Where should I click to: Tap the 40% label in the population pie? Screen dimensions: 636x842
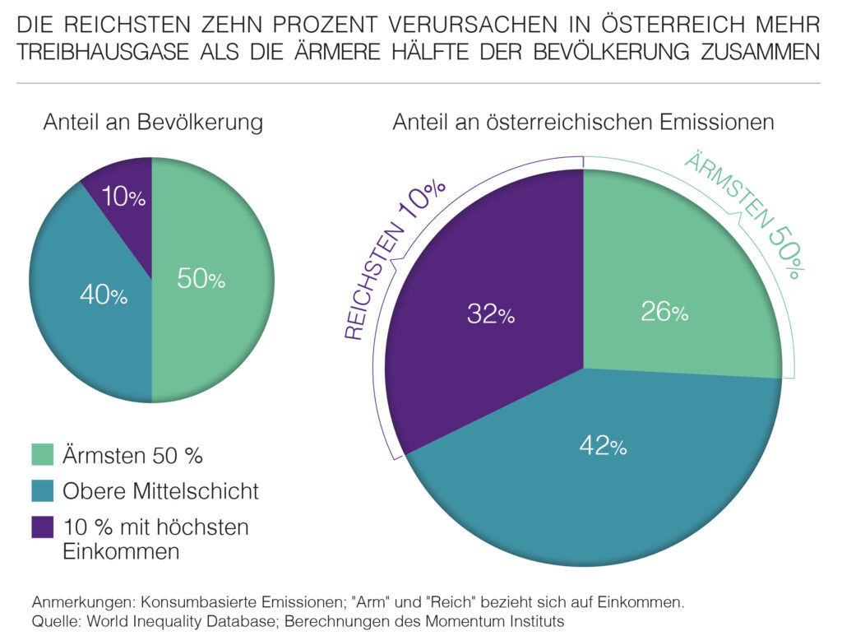[x=103, y=295]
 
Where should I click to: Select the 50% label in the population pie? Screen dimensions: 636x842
[x=201, y=279]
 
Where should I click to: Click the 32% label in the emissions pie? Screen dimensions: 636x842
[x=491, y=314]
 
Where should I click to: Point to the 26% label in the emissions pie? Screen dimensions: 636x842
[x=664, y=312]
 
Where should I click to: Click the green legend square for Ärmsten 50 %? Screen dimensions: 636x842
[x=42, y=454]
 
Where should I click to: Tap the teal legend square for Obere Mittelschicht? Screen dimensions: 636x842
[x=42, y=491]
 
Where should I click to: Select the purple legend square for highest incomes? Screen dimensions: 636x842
[x=42, y=527]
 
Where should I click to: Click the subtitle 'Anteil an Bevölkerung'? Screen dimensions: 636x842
[x=153, y=123]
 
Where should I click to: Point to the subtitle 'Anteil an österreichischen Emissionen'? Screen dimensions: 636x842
[x=583, y=123]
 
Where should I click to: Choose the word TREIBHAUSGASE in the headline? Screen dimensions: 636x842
[x=98, y=52]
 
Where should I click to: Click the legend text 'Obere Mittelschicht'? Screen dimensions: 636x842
[x=160, y=491]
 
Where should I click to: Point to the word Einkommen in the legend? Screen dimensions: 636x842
[x=121, y=550]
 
